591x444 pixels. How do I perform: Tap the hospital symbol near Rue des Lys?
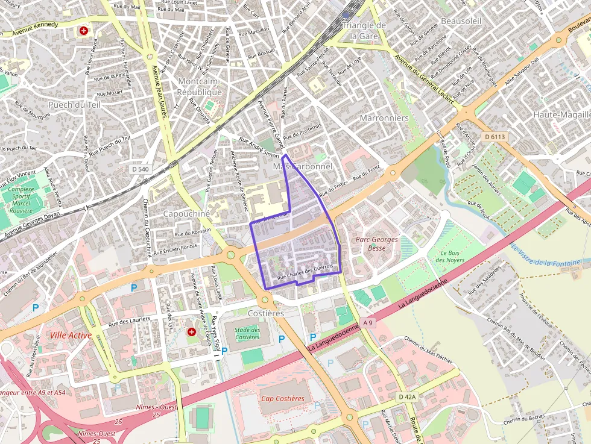(x=192, y=331)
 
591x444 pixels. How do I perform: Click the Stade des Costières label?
(x=247, y=333)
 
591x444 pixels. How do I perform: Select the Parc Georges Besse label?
(x=377, y=243)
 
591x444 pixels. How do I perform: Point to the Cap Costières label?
(x=283, y=399)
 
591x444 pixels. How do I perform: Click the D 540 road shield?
(x=140, y=169)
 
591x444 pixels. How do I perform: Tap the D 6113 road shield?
(x=494, y=137)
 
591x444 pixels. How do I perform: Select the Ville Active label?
(x=71, y=335)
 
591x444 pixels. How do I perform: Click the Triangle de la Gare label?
(x=364, y=30)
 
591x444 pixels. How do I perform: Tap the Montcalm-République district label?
(x=199, y=87)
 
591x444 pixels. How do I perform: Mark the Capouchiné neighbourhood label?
(x=186, y=214)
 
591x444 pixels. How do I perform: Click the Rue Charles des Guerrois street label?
(x=305, y=274)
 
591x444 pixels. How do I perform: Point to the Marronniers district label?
(x=384, y=118)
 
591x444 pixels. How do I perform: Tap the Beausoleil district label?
(x=461, y=20)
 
